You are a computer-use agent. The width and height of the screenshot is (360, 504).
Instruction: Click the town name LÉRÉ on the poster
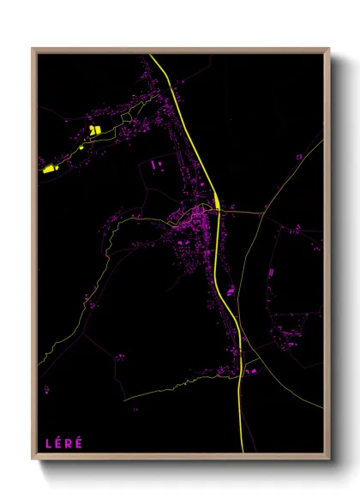[64, 443]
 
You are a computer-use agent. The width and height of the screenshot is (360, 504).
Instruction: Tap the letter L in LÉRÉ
[48, 443]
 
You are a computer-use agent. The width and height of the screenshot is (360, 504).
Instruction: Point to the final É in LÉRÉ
[81, 443]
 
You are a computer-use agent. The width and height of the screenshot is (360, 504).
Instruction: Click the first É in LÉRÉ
[58, 443]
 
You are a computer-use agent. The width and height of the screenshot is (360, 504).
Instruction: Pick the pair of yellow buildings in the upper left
[95, 130]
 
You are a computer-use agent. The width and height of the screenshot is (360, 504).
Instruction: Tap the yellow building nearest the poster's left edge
[49, 168]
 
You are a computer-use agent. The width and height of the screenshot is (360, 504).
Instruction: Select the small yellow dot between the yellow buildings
[81, 147]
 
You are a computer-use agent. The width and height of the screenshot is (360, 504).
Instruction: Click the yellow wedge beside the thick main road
[219, 204]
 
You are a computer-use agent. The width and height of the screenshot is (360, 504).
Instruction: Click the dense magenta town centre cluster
[193, 221]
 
